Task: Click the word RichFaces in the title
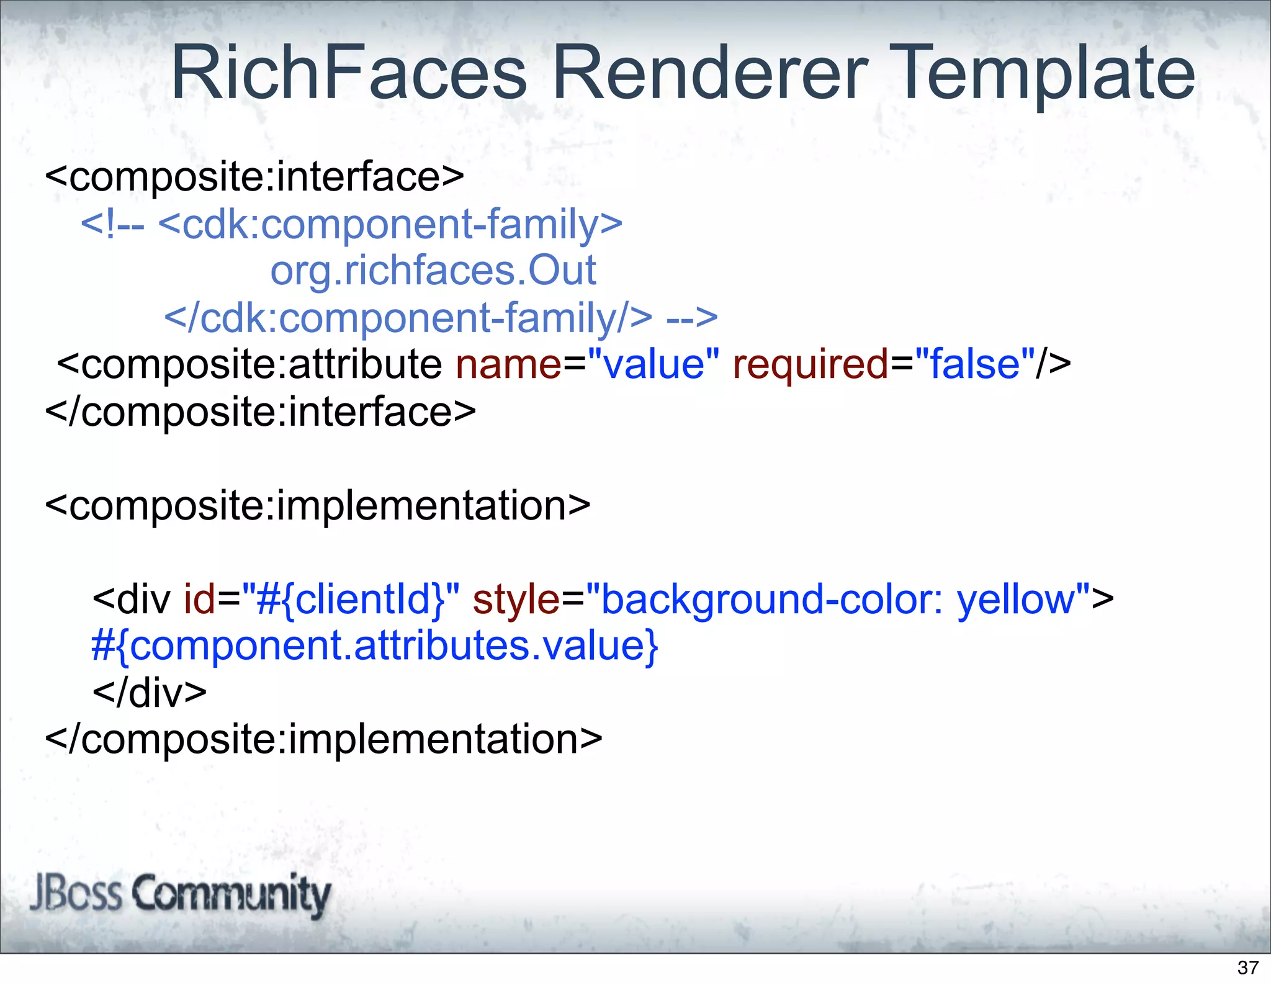point(349,73)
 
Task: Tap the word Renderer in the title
point(710,73)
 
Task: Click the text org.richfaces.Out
point(433,271)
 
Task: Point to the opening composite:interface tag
point(254,178)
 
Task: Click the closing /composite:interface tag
point(261,412)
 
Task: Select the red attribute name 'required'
point(811,364)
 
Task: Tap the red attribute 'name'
point(508,364)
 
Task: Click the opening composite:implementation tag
point(318,506)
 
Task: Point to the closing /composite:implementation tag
point(323,739)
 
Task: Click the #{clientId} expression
point(351,600)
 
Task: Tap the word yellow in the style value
point(1016,600)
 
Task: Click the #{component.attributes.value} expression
point(374,646)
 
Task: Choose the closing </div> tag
point(150,693)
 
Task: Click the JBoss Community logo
point(180,894)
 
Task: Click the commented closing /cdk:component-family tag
point(408,318)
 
